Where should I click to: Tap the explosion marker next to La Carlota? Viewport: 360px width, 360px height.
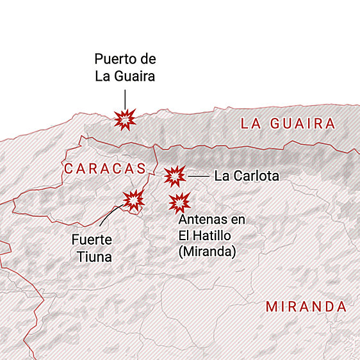point(174,176)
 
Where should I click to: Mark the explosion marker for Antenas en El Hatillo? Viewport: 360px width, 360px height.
point(180,203)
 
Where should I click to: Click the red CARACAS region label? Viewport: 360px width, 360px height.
point(106,168)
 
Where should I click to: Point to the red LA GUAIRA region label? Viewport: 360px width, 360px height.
point(288,124)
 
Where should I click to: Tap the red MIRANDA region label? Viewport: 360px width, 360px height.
point(306,306)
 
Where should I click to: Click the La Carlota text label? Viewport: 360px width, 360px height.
point(247,176)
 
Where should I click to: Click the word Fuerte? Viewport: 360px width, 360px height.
point(92,241)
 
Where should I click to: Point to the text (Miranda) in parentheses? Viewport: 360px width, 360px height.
point(207,252)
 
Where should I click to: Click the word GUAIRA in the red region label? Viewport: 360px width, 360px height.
point(306,124)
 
